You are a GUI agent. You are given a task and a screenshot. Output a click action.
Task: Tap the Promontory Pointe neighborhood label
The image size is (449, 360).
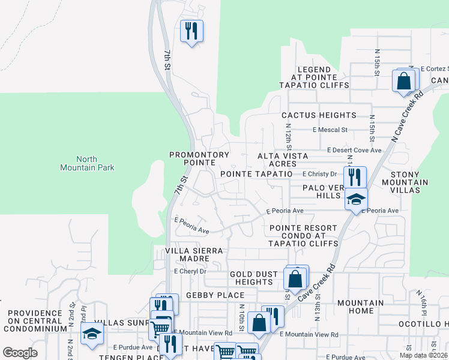coord(199,158)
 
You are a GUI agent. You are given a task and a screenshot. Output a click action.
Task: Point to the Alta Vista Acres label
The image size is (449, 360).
coord(282,160)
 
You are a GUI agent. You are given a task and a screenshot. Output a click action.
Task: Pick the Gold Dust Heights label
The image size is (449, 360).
coord(254,278)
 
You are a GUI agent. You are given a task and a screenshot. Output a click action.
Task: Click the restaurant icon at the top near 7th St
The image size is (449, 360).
coord(191,31)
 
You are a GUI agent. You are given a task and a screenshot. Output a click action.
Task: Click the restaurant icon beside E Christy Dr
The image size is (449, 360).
coord(355,178)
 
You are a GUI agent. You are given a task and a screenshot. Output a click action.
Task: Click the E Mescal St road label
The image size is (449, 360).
coord(330,130)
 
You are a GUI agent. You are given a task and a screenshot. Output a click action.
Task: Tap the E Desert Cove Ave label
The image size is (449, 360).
coord(354,150)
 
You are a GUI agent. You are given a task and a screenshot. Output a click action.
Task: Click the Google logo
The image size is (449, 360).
coord(20,353)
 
